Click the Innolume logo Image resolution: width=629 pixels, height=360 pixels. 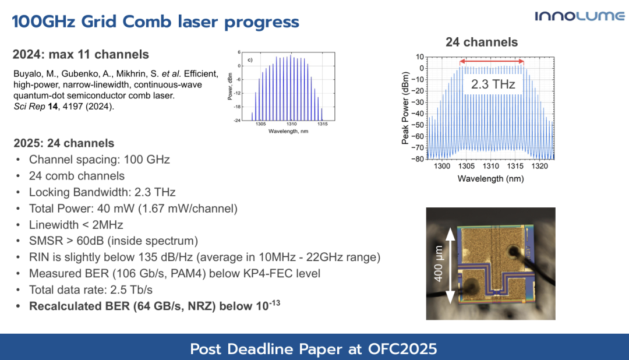coord(579,16)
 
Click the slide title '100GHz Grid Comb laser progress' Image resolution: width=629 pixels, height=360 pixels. coord(156,22)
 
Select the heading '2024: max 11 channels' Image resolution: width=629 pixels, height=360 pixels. coord(80,54)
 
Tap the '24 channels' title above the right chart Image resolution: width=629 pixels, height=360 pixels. coord(482,42)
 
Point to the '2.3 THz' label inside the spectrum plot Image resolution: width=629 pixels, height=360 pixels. coord(493,84)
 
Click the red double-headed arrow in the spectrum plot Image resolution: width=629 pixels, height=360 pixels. coord(492,61)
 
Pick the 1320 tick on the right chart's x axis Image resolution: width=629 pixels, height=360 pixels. coord(539,166)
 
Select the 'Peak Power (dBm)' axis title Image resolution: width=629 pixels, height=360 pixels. coord(405,108)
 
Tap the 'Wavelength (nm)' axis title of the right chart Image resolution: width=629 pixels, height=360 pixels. coord(490,179)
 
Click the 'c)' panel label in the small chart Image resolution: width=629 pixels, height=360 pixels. coord(250,60)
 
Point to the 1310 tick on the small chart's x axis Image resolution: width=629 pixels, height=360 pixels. coord(292,124)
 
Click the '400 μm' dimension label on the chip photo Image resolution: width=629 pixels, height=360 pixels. coord(438,264)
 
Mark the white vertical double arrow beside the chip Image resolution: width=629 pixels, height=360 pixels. coord(450,265)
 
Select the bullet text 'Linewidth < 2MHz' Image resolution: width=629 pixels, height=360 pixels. coord(76,225)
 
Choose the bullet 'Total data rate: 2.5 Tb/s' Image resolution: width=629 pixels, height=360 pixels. coord(91,290)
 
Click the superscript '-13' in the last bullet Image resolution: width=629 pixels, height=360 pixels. coord(274,302)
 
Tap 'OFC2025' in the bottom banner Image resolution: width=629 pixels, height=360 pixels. coord(402,349)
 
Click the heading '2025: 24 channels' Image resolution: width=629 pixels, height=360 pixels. coord(64,143)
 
